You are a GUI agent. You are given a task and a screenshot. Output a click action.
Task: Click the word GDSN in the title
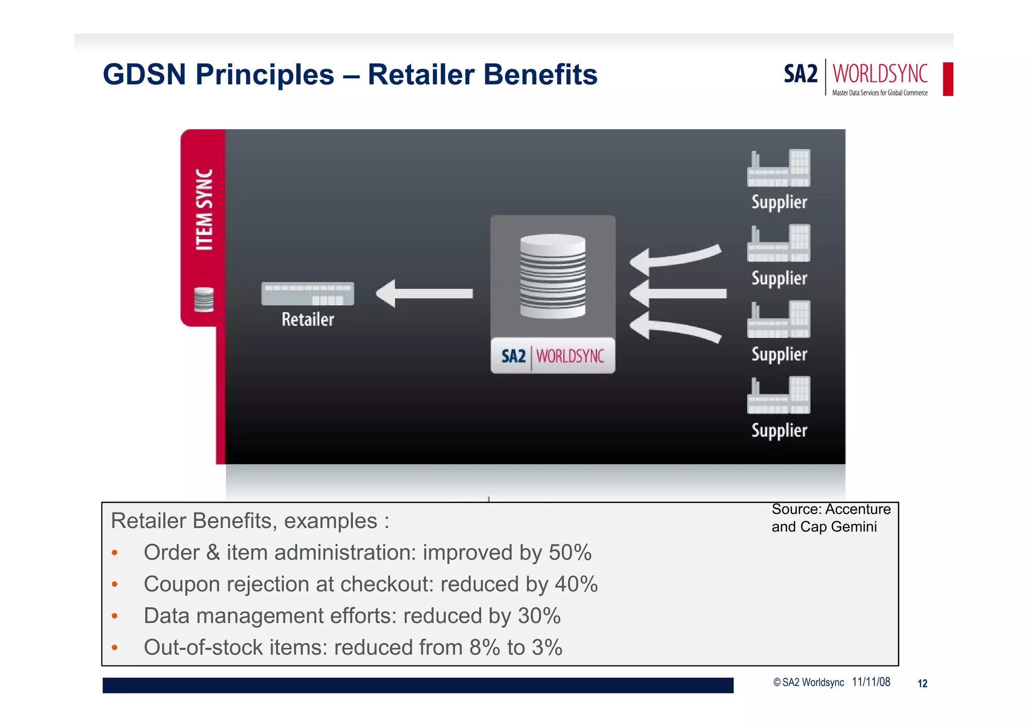pos(144,75)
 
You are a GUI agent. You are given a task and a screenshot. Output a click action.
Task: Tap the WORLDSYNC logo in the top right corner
pos(879,74)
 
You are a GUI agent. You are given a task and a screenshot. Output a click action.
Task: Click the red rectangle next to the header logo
pos(948,79)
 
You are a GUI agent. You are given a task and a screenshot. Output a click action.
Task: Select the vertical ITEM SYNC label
pos(204,209)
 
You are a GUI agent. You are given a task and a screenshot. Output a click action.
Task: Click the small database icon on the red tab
pos(204,299)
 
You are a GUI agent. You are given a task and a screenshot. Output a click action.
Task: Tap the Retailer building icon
pos(308,294)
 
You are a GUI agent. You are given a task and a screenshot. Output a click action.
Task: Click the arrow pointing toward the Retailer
pos(425,294)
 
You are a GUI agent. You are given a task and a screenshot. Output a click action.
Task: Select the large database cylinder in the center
pos(553,276)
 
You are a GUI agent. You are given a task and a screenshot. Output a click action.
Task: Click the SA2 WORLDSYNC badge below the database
pos(553,356)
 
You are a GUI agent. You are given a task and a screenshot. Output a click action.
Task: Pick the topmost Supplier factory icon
pos(779,168)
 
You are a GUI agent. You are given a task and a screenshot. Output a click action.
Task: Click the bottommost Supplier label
pos(779,430)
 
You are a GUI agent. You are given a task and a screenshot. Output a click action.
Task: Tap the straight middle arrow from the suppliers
pos(678,294)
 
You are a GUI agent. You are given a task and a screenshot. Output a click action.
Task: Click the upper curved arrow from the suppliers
pos(675,258)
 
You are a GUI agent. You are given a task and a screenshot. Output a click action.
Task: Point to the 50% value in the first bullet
pos(570,553)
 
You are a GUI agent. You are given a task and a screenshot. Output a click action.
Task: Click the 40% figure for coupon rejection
pos(576,584)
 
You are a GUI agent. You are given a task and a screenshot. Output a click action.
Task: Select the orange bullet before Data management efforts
pos(115,616)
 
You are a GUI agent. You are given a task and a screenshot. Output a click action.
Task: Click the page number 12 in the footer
pos(922,683)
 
